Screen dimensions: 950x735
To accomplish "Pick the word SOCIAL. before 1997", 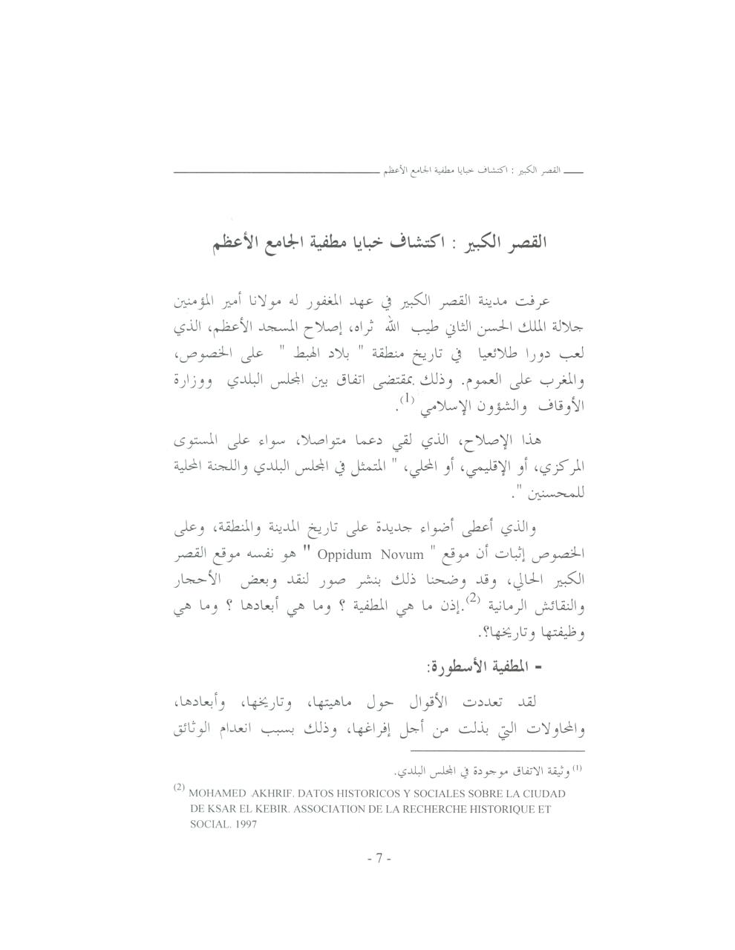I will pos(209,825).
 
